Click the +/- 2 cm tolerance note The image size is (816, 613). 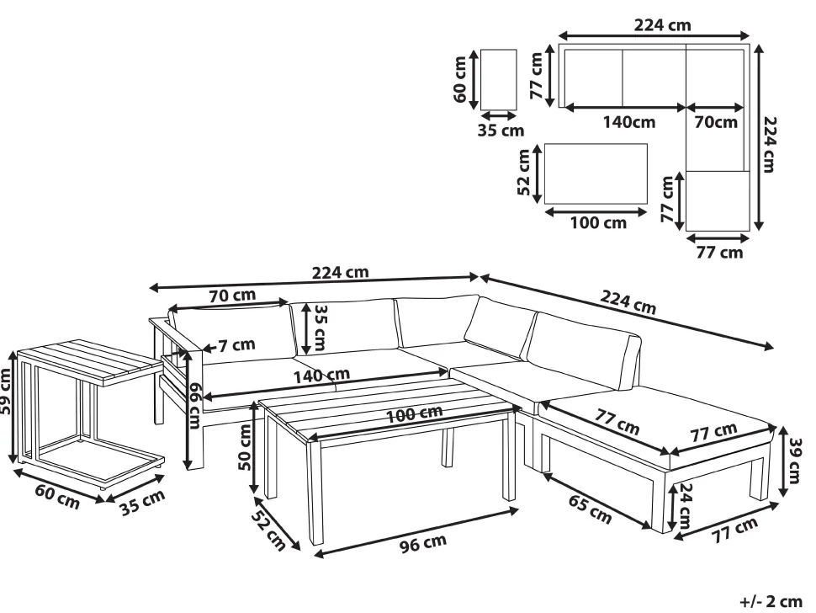click(771, 601)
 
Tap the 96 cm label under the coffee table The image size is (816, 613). click(423, 543)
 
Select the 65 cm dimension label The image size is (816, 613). click(590, 509)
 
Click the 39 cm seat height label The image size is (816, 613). click(794, 461)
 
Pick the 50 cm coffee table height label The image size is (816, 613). click(245, 446)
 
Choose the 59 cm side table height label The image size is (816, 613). click(6, 391)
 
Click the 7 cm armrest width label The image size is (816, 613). click(236, 344)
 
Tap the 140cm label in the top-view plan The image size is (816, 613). click(629, 122)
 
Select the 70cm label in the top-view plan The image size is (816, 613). click(716, 122)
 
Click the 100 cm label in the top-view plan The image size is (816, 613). click(598, 223)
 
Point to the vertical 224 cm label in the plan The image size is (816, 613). click(770, 144)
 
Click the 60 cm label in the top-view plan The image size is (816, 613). click(460, 79)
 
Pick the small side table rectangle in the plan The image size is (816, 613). click(499, 80)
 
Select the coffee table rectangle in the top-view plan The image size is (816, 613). click(596, 174)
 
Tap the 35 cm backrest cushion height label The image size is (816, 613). click(320, 328)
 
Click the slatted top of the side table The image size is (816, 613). click(90, 362)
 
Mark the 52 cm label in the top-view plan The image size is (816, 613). click(524, 173)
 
